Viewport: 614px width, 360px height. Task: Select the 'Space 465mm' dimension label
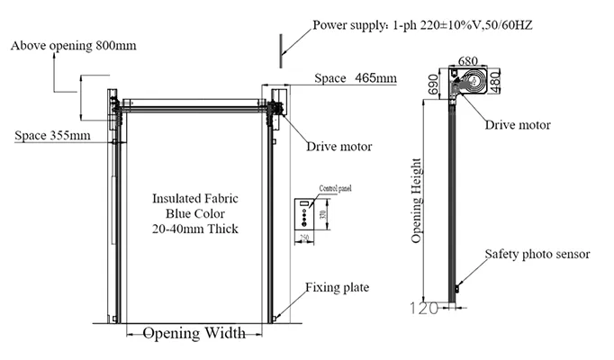[356, 79]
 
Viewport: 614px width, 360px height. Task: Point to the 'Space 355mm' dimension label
[52, 136]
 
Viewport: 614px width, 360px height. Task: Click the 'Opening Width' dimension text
[194, 333]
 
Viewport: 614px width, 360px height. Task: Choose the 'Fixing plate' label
[337, 288]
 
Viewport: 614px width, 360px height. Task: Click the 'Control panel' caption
[333, 190]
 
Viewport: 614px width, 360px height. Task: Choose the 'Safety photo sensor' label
[537, 255]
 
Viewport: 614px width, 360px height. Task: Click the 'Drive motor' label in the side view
[518, 124]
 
